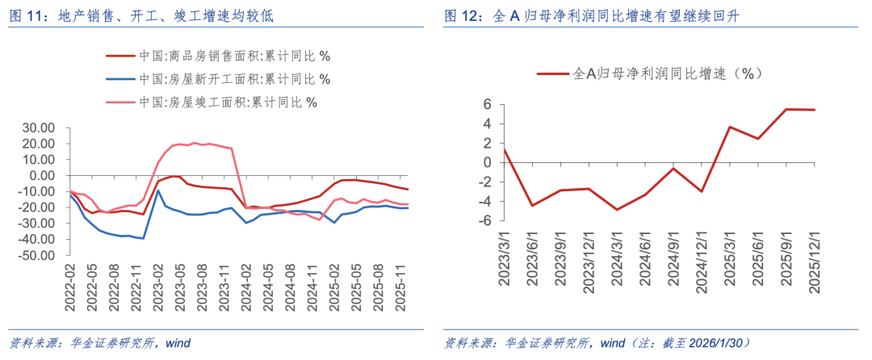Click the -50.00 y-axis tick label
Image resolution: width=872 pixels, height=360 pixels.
click(37, 256)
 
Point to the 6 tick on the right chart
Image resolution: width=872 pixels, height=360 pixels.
click(488, 104)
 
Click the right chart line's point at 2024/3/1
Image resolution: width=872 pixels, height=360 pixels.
click(617, 209)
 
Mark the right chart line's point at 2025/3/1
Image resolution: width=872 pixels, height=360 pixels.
click(729, 127)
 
